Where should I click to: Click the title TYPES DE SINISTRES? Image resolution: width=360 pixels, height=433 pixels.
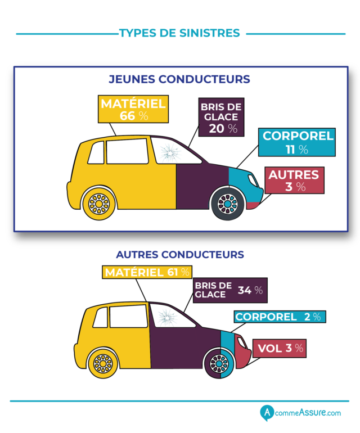(x=179, y=33)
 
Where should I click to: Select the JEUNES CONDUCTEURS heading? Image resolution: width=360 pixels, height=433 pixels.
(x=179, y=79)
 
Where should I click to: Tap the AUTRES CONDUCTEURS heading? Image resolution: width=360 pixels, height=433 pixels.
(x=179, y=254)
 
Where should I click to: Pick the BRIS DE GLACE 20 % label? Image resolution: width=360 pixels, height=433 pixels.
(x=219, y=117)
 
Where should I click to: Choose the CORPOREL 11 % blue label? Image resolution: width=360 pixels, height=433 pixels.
(x=298, y=142)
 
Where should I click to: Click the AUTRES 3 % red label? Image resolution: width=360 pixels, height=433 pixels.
(x=295, y=180)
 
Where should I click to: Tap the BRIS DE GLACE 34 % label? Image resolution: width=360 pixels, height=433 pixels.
(x=229, y=290)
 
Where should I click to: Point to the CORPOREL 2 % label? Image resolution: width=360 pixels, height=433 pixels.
(x=279, y=317)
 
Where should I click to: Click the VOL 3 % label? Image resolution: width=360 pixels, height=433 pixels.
(x=280, y=348)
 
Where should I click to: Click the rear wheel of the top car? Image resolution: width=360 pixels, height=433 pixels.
(x=99, y=203)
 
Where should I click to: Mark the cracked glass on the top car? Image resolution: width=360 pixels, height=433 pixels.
(x=167, y=152)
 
